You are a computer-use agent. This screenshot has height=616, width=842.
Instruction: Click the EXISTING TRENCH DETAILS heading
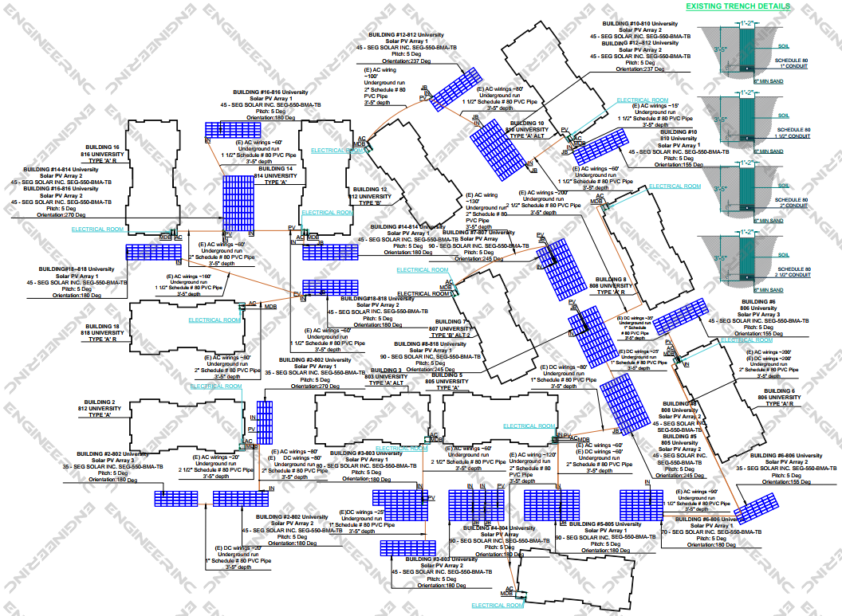pos(738,6)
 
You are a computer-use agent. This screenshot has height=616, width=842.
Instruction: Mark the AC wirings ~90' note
pos(701,492)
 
